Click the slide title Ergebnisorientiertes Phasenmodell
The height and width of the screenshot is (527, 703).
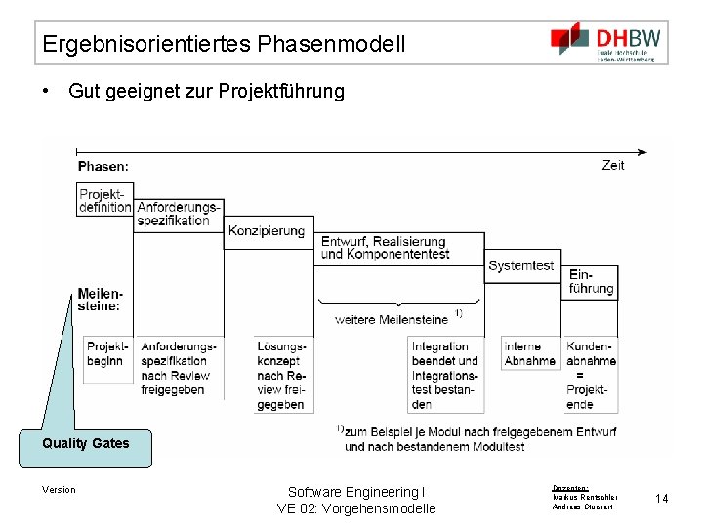click(224, 44)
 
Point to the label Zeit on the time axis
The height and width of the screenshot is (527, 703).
click(613, 165)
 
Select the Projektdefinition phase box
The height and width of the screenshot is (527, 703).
click(104, 200)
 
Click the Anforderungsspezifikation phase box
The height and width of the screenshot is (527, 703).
click(179, 214)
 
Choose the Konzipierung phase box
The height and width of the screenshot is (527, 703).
click(267, 231)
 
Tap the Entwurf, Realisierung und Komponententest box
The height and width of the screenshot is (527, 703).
click(387, 248)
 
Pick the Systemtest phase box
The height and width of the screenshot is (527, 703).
click(520, 265)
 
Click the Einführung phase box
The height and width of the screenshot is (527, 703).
click(591, 281)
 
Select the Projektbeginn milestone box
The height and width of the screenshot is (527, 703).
click(107, 353)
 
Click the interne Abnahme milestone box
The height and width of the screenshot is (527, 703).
click(529, 353)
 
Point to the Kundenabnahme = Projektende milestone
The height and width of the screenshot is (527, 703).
click(591, 375)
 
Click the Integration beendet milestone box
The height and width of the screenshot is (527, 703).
click(444, 375)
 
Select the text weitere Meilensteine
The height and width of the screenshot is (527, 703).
click(391, 319)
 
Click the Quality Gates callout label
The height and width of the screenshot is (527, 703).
click(85, 443)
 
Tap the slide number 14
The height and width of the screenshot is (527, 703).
click(662, 499)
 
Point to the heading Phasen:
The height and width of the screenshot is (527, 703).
click(103, 167)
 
